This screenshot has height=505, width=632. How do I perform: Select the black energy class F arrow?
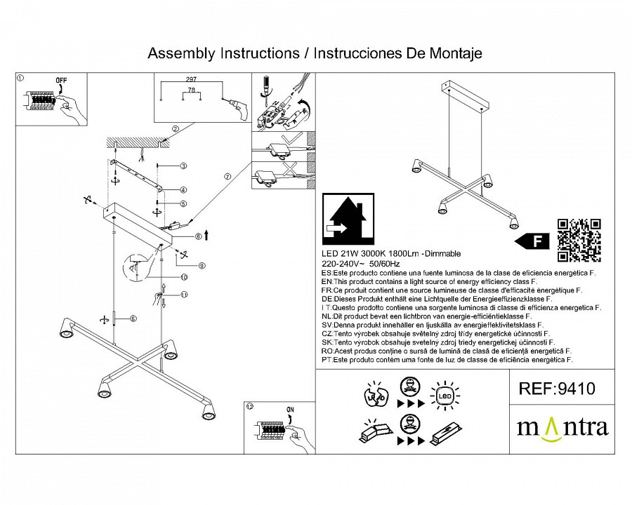[x=532, y=241]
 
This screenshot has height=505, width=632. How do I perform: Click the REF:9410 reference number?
[x=556, y=389]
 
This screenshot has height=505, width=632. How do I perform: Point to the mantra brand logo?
[x=562, y=427]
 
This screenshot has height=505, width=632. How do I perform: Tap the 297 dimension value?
[x=190, y=80]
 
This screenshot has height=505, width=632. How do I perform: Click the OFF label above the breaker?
[x=62, y=81]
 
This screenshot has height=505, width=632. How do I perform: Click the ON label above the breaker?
[x=291, y=408]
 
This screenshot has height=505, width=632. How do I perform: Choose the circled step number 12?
[x=249, y=405]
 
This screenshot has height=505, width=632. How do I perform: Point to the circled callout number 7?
[x=227, y=177]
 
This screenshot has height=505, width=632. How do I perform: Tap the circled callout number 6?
[x=132, y=319]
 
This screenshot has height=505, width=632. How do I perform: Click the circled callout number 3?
[x=183, y=166]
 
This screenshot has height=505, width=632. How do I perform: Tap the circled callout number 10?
[x=184, y=278]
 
